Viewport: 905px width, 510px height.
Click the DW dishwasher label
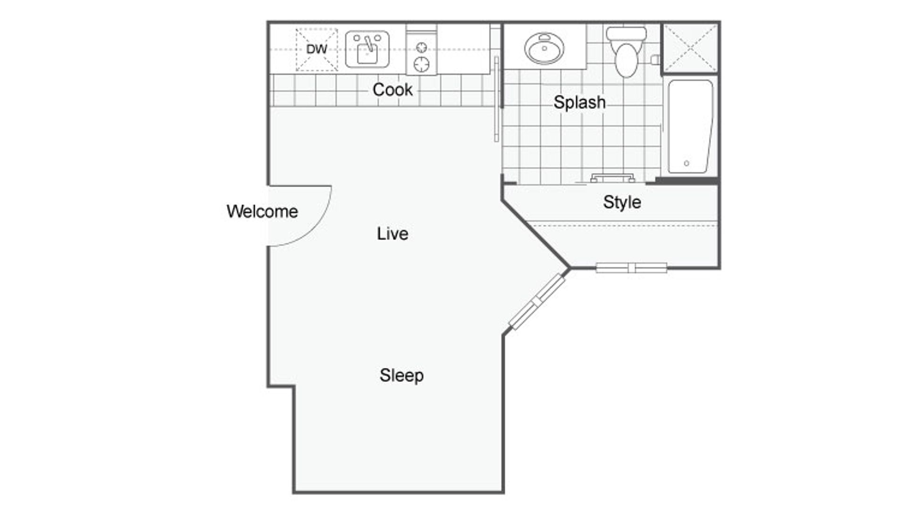pyautogui.click(x=317, y=49)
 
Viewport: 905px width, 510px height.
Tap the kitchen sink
pyautogui.click(x=367, y=49)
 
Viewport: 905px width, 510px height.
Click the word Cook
pyautogui.click(x=393, y=90)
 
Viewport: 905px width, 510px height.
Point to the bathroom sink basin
pyautogui.click(x=544, y=48)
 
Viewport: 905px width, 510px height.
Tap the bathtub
pyautogui.click(x=690, y=127)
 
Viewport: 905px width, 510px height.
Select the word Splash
pyautogui.click(x=579, y=102)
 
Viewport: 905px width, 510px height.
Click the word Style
pyautogui.click(x=622, y=202)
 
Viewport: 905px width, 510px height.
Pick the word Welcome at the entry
pyautogui.click(x=262, y=211)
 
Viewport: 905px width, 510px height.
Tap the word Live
pyautogui.click(x=393, y=233)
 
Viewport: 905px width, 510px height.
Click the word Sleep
pyautogui.click(x=402, y=375)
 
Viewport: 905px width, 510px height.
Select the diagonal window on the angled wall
pyautogui.click(x=537, y=301)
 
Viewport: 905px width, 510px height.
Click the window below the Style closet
pyautogui.click(x=631, y=268)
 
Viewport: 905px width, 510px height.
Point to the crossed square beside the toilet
pyautogui.click(x=689, y=48)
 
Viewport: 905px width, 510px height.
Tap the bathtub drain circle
pyautogui.click(x=687, y=163)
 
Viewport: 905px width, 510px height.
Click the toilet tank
pyautogui.click(x=626, y=34)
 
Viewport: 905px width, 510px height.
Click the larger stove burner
pyautogui.click(x=421, y=64)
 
